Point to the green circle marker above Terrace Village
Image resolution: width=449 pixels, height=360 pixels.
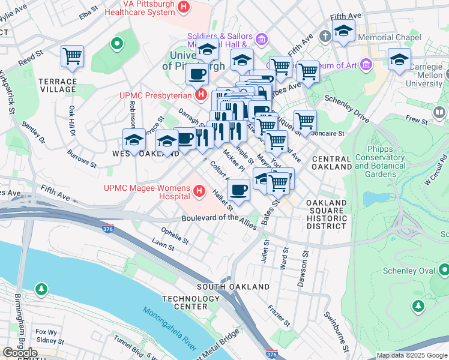tap(116, 43)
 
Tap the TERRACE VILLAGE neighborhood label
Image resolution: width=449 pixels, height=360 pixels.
tap(58, 85)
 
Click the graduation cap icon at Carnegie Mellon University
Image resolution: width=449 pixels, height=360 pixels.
tap(399, 60)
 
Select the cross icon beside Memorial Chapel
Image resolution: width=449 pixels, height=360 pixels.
tap(325, 37)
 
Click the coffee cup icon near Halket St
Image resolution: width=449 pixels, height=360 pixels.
tap(238, 191)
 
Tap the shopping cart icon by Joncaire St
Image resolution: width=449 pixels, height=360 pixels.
tap(305, 121)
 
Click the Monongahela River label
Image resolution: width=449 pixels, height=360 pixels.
tap(170, 329)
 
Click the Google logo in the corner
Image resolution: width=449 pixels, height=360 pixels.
tap(20, 353)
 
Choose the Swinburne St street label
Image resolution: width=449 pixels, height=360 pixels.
tap(336, 330)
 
